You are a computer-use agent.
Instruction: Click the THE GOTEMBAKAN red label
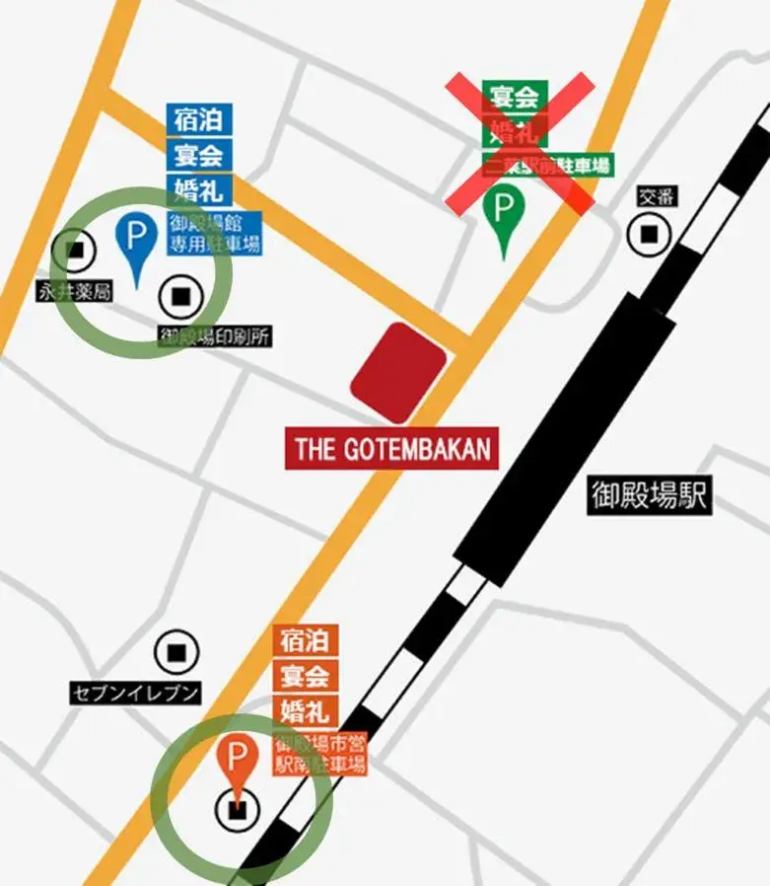tap(392, 449)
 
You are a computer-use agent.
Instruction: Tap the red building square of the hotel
tap(398, 372)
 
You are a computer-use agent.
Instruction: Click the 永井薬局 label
tap(74, 291)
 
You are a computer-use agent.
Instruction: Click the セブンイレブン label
tap(135, 693)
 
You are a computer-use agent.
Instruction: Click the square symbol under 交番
tap(649, 234)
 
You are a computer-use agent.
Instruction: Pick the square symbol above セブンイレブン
tap(176, 652)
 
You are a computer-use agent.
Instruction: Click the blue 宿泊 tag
tap(199, 121)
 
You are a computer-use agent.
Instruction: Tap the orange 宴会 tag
tap(306, 676)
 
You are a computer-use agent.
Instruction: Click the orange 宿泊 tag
tap(306, 640)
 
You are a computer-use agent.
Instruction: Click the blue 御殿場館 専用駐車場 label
tap(214, 233)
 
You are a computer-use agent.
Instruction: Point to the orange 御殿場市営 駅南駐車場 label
tap(320, 754)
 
